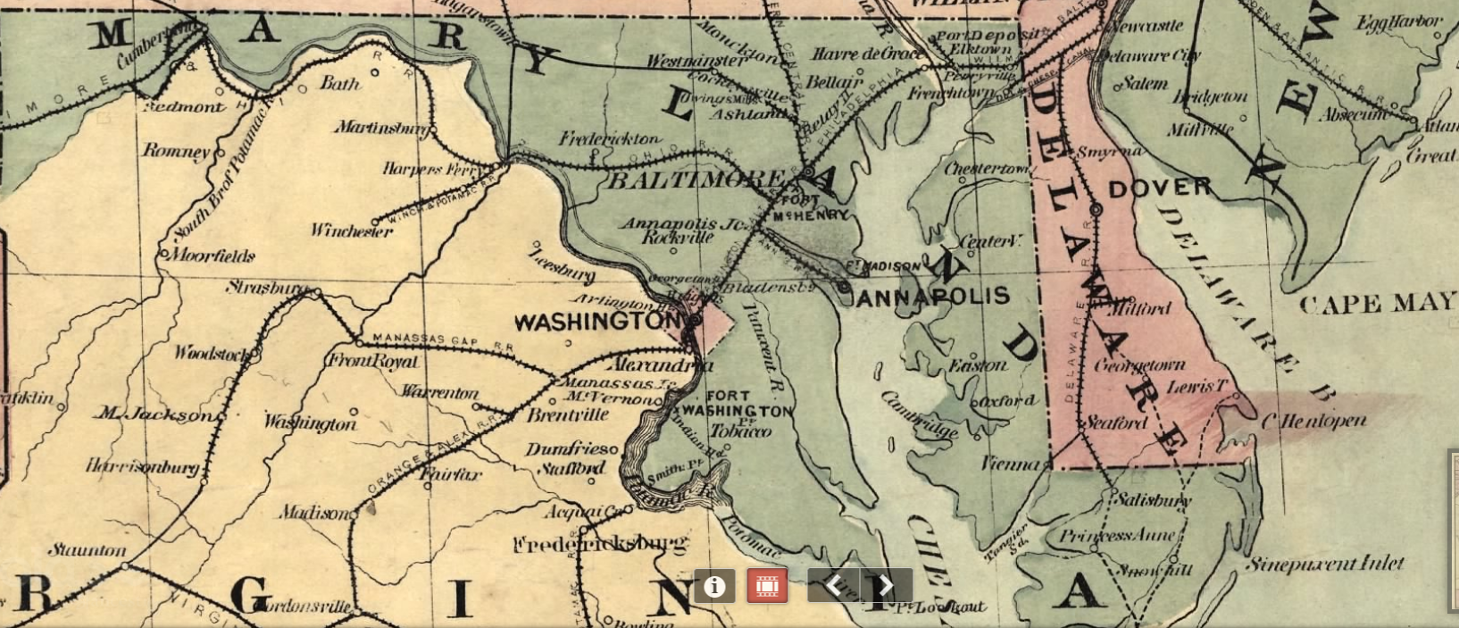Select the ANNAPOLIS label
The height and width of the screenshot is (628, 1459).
click(x=932, y=297)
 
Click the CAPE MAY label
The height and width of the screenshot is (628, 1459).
click(x=1376, y=304)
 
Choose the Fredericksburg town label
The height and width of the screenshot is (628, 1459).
click(x=601, y=543)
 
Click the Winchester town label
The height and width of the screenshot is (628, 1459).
click(x=352, y=230)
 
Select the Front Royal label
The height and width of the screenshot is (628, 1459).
click(x=373, y=361)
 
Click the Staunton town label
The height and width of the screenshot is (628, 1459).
click(x=87, y=550)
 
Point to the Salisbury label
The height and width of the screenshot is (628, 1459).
click(x=1151, y=500)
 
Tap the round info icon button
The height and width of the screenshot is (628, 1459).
click(x=713, y=586)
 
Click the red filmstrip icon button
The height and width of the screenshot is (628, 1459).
click(x=767, y=586)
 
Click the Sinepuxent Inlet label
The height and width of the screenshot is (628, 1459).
click(x=1324, y=564)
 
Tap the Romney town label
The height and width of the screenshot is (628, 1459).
click(x=176, y=151)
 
